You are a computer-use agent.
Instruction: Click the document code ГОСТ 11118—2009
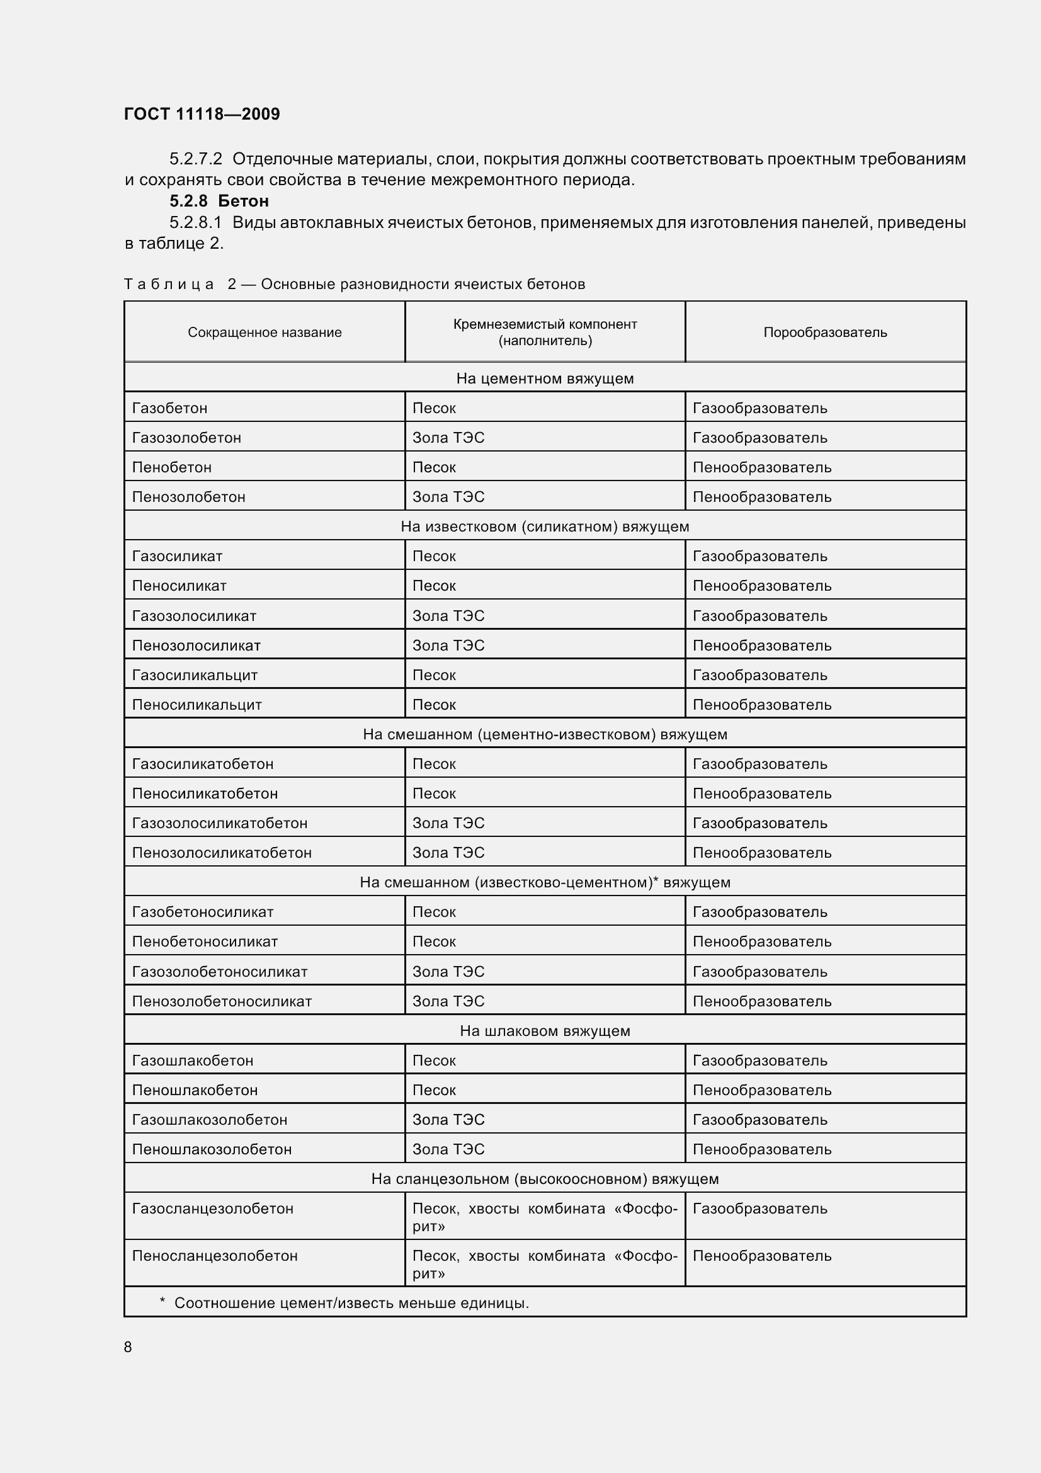click(202, 114)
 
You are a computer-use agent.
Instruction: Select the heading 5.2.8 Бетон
click(219, 201)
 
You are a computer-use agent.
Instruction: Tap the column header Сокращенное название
click(265, 333)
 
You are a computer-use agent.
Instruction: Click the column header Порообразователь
click(825, 333)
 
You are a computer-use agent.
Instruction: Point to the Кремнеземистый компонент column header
click(545, 333)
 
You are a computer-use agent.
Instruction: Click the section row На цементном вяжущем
click(545, 378)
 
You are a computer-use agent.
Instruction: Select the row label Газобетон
click(170, 408)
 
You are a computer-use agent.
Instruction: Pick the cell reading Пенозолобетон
click(188, 496)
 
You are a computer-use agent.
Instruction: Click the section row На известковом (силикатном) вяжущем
click(545, 526)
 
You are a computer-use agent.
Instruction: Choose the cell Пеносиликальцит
click(197, 705)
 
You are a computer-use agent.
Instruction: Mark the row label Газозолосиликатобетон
click(219, 823)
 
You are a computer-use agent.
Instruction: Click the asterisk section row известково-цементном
click(545, 882)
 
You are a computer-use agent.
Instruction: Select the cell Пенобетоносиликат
click(205, 941)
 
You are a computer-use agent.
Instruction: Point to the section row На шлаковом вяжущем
click(545, 1031)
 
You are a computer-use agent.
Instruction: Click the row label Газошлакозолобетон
click(210, 1120)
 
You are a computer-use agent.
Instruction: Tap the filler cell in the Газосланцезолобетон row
click(545, 1217)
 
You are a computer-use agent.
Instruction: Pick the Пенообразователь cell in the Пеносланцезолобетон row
click(762, 1256)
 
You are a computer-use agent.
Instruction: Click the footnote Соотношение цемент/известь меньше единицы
click(351, 1303)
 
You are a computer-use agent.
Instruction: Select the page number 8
click(128, 1347)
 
